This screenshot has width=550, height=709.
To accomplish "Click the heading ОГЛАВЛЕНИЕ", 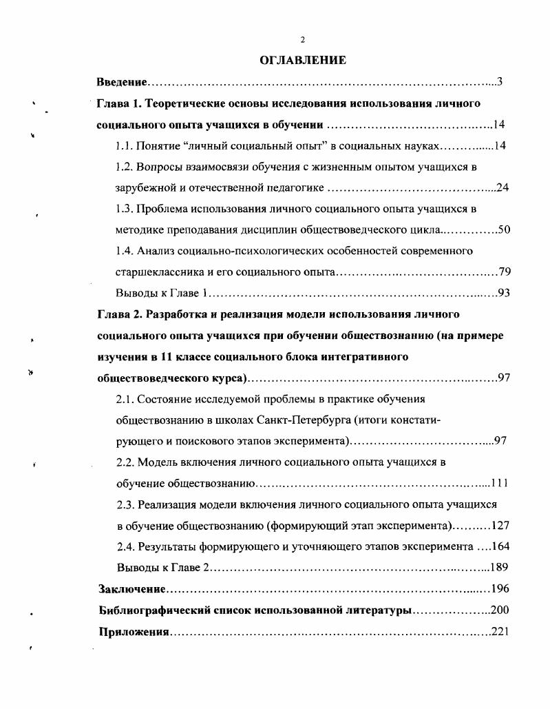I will (x=303, y=61).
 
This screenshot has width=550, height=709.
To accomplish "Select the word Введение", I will (x=121, y=83).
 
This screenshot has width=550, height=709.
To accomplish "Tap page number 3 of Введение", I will (x=500, y=83).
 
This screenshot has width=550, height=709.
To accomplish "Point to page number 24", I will (x=502, y=187).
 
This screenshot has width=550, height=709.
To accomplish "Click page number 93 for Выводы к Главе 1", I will (x=503, y=293).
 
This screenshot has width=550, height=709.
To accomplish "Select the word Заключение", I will (x=131, y=589).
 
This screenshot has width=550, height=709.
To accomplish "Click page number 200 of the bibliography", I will (x=499, y=610).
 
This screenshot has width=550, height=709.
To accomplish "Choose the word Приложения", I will (x=134, y=632).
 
